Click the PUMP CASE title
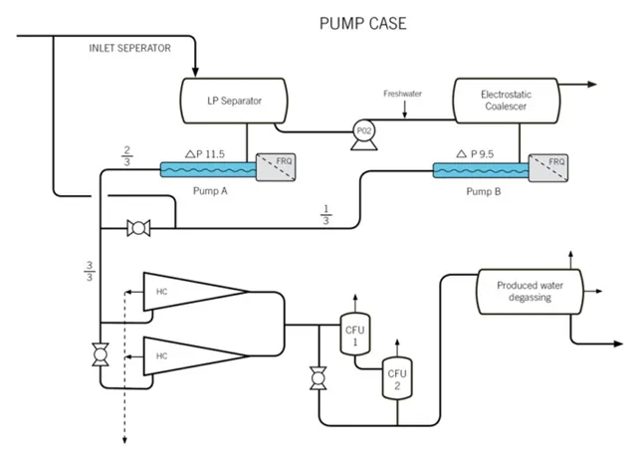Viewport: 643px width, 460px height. (x=363, y=23)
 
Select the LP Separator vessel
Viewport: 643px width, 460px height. (x=234, y=101)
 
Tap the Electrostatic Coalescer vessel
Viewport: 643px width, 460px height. (x=507, y=101)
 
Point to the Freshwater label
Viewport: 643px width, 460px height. (x=402, y=94)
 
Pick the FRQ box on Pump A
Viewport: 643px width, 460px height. (x=276, y=167)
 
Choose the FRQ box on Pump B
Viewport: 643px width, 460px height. (x=548, y=168)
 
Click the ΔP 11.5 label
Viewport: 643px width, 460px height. (x=205, y=154)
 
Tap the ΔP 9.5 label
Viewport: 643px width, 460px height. (x=475, y=154)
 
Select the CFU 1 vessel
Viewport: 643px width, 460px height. (x=355, y=334)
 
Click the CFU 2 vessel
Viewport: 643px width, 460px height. (x=397, y=378)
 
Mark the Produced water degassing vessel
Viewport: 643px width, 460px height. (x=530, y=292)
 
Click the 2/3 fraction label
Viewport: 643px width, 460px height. (x=126, y=156)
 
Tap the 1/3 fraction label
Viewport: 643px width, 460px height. (x=326, y=215)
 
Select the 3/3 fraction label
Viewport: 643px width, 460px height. (x=90, y=271)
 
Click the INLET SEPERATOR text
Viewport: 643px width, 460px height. (x=130, y=48)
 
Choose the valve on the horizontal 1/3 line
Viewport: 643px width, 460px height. (x=138, y=228)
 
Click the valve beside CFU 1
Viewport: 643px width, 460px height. (x=319, y=378)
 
